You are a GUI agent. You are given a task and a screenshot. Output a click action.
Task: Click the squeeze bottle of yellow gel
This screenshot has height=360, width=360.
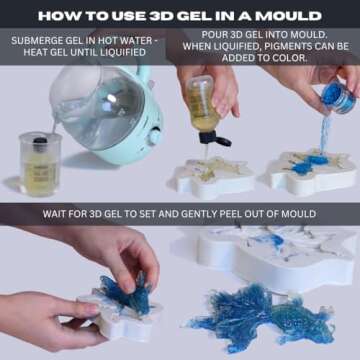(x=204, y=105)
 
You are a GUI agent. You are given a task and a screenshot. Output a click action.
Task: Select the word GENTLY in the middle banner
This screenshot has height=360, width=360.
(x=205, y=214)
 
